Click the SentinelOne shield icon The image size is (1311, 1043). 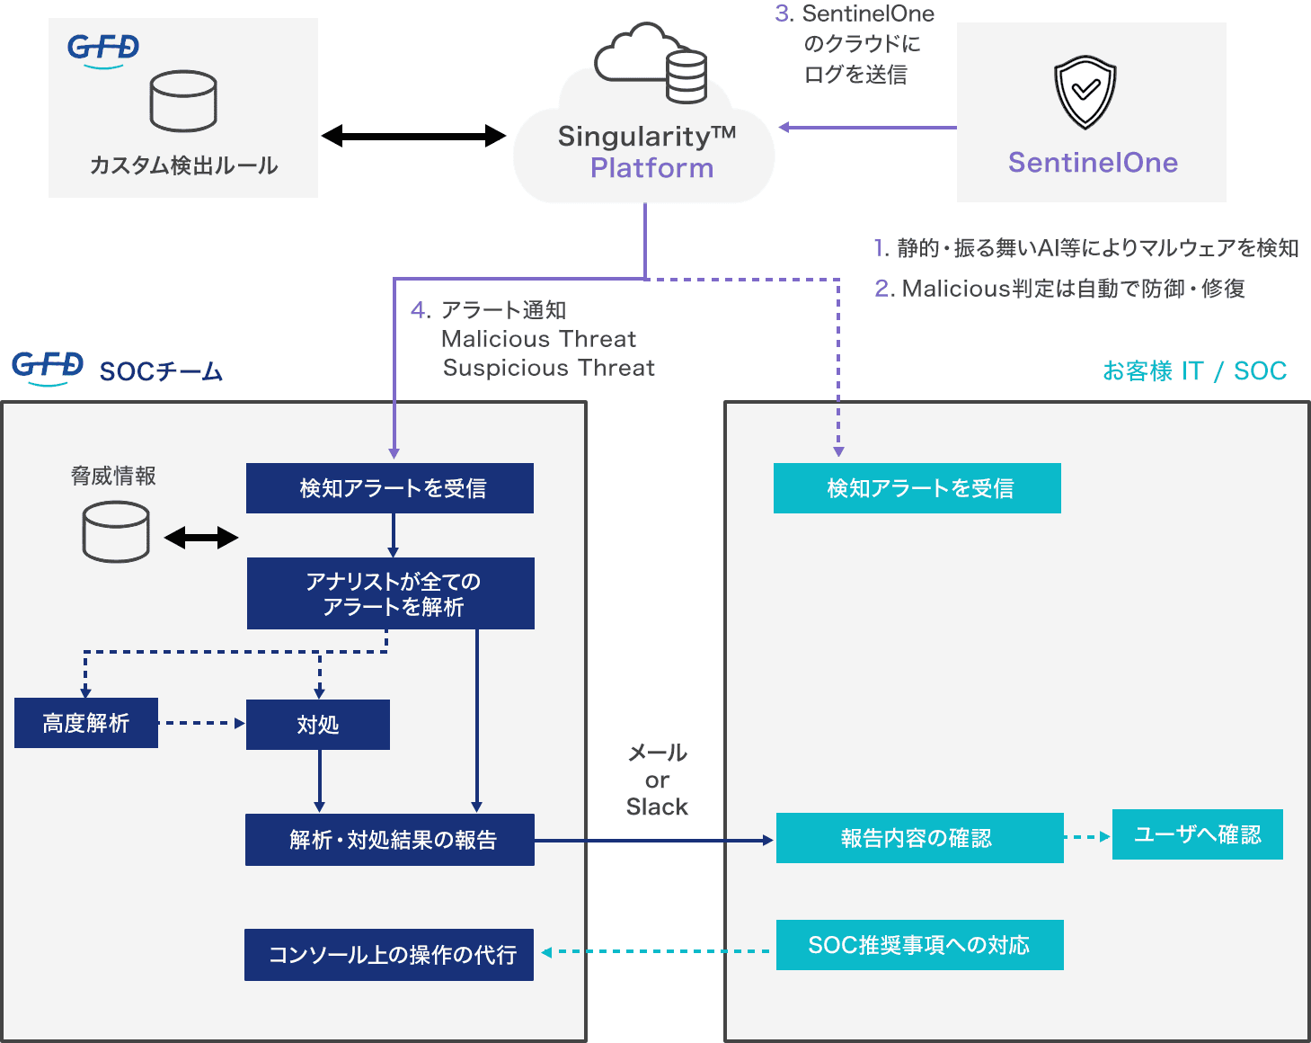[1085, 93]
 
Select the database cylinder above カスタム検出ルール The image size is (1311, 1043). [183, 102]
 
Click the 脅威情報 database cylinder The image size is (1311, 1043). [116, 531]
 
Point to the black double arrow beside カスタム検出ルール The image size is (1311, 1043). [413, 137]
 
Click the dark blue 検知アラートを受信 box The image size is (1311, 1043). [390, 488]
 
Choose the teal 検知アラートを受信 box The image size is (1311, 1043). [917, 488]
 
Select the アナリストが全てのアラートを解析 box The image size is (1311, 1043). [391, 593]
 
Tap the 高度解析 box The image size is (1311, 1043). [86, 723]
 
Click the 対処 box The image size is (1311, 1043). [318, 725]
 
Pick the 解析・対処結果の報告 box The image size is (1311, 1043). [390, 840]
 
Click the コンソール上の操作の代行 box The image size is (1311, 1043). [389, 955]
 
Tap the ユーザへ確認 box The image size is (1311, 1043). [1197, 834]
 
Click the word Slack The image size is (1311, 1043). [657, 807]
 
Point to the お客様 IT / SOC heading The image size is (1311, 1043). [1194, 371]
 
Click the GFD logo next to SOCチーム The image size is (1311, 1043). [48, 368]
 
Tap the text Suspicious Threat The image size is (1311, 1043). [549, 369]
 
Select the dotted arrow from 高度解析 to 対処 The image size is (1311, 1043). [202, 723]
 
